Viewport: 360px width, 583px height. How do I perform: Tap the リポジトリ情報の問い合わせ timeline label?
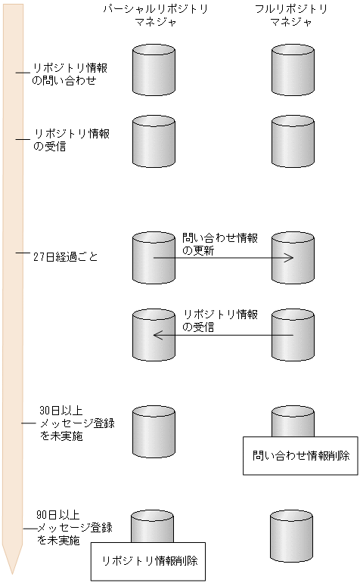(x=70, y=73)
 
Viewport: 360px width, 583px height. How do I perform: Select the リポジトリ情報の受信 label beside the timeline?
(x=70, y=140)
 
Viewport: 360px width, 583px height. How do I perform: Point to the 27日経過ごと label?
(x=66, y=257)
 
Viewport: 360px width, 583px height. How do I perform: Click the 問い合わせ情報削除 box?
(x=300, y=455)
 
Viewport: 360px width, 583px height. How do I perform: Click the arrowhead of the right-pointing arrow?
(x=290, y=258)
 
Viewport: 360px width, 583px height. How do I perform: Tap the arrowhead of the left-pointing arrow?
(x=157, y=335)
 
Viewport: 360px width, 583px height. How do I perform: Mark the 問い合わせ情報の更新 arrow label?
(x=219, y=244)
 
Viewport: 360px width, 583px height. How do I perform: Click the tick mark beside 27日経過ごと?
(x=21, y=253)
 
